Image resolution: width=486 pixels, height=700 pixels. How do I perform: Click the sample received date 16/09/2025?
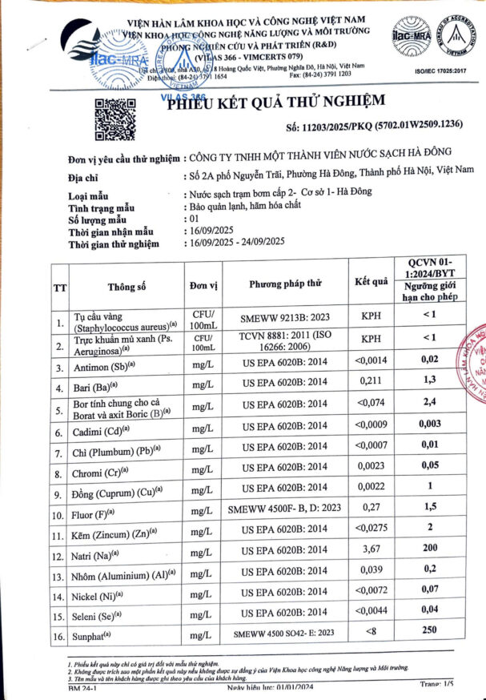pos(207,230)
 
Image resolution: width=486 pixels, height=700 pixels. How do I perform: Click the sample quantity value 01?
pos(191,218)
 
